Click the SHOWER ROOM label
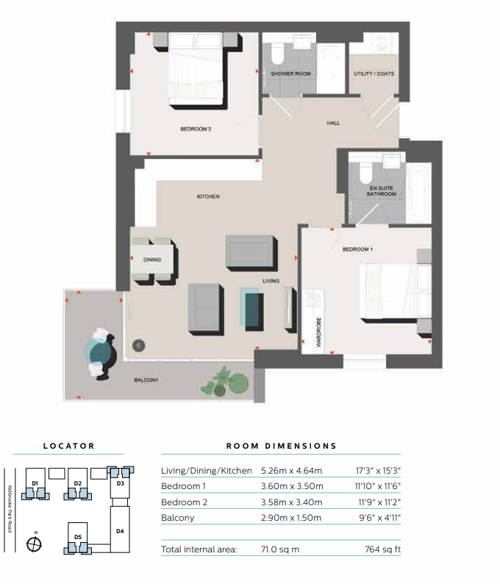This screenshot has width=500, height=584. [x=290, y=74]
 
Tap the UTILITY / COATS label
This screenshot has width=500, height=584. [x=374, y=74]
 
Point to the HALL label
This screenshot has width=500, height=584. [x=333, y=123]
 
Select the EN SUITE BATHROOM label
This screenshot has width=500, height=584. [x=381, y=191]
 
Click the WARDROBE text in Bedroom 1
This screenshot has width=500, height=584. [x=318, y=332]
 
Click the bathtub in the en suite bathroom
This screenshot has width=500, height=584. [x=419, y=193]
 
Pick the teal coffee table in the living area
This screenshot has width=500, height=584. [x=252, y=308]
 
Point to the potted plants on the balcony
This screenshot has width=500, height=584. [x=226, y=382]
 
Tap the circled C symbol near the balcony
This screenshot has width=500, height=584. [x=138, y=346]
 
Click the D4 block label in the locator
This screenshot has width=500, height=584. [x=120, y=531]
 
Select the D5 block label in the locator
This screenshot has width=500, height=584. [x=78, y=537]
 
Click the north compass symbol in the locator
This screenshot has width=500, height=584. [x=34, y=544]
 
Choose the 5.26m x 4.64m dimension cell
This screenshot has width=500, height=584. [x=291, y=471]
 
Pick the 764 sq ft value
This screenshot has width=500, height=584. [x=383, y=549]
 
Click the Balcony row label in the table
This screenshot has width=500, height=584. [x=178, y=518]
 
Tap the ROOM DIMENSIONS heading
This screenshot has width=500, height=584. [x=282, y=446]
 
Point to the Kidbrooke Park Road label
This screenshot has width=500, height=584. [x=10, y=509]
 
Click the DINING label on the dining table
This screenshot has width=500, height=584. [x=152, y=260]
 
